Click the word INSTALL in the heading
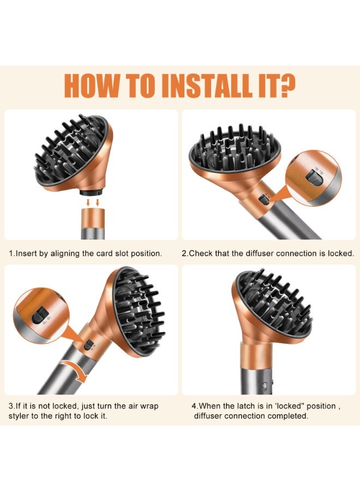[x=207, y=86]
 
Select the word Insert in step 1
[x=26, y=253]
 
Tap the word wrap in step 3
[x=148, y=406]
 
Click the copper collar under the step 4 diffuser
[x=254, y=355]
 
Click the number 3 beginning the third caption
[x=11, y=406]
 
